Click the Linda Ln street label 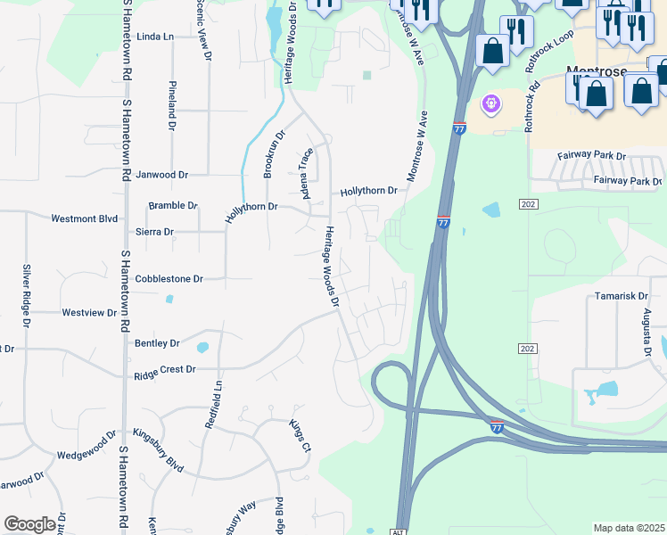[154, 37]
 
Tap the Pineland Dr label [171, 105]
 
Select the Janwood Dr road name [166, 175]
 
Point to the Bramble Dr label [173, 205]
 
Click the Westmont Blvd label [85, 218]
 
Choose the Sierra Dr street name [155, 231]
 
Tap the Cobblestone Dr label [169, 278]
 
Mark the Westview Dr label [89, 313]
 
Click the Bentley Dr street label [157, 342]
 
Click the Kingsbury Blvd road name [158, 438]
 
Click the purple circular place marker [490, 105]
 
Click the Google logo [29, 524]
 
